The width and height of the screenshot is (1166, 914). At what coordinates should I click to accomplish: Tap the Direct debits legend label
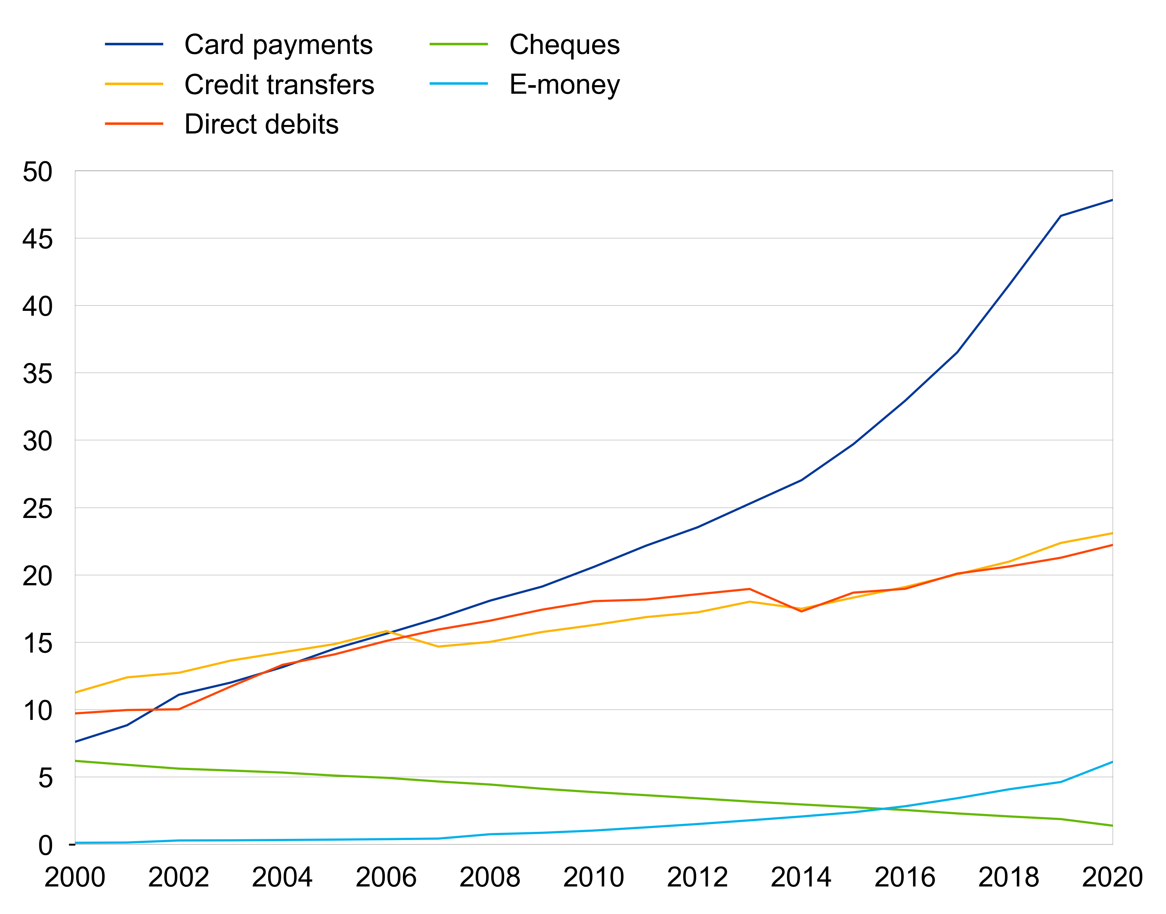[x=261, y=124]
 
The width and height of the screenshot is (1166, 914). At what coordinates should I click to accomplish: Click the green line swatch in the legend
[x=459, y=44]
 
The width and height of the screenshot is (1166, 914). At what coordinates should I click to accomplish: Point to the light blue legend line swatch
[x=459, y=84]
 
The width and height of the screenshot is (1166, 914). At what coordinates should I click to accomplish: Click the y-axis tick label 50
[x=38, y=172]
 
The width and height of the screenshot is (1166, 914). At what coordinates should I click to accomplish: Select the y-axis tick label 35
[x=38, y=373]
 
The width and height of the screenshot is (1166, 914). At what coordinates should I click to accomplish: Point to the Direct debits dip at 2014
[x=801, y=611]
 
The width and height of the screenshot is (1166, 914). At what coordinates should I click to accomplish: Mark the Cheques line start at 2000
[x=76, y=761]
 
